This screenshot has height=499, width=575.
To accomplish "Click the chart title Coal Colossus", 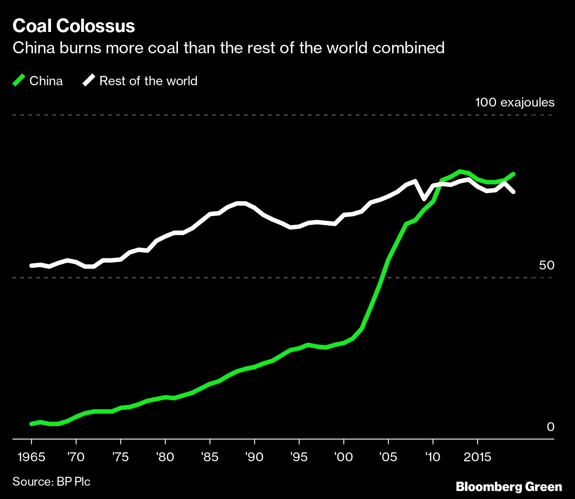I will pos(74,26).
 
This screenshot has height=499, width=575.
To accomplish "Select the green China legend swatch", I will pos(19,80).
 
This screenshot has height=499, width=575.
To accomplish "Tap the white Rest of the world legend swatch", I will pos(89,80).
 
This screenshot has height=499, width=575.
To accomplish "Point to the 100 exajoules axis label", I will pos(514,103).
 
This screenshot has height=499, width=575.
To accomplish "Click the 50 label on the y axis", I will pos(546,265).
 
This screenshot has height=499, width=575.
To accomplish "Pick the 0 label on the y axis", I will pos(550,427).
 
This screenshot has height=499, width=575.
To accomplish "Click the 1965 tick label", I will pos(31,457).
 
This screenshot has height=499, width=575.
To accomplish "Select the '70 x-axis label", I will pos(76,457).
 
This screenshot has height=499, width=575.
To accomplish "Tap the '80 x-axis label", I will pos(165,457).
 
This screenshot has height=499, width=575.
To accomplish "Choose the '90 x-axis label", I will pos(254,457).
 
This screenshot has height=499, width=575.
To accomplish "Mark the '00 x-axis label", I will pos(343,457).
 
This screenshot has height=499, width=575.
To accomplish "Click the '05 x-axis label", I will pos(388,457).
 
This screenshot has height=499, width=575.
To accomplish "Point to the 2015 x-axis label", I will pos(477,457).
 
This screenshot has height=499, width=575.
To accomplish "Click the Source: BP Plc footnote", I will pos(51,482).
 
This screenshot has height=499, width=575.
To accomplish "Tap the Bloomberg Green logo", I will pos(509,487).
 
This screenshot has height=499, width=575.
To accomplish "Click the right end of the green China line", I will pos(513,174).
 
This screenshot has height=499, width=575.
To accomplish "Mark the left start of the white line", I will pos(32,265).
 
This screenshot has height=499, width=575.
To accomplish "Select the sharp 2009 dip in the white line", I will pos(424,198).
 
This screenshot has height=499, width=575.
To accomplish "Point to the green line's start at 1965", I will pos(32,424).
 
